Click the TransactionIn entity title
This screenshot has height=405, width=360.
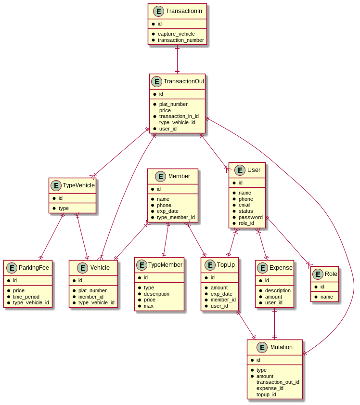click(x=183, y=11)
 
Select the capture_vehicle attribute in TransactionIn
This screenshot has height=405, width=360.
click(x=176, y=34)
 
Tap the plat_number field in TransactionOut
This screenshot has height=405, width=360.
click(x=173, y=104)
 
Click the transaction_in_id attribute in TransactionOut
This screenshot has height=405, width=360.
click(x=179, y=116)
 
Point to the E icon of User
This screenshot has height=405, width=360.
click(x=240, y=170)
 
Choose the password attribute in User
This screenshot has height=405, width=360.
click(x=250, y=217)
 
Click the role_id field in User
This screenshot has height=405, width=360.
click(x=246, y=223)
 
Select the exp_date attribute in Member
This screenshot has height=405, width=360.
click(x=167, y=211)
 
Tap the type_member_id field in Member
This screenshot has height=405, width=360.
click(x=176, y=217)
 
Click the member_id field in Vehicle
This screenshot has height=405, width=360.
click(x=91, y=296)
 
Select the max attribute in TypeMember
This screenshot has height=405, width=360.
click(x=149, y=306)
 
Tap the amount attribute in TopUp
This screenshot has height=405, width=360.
click(x=219, y=287)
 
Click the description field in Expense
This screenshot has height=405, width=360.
click(x=278, y=290)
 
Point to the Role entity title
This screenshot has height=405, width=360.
click(x=331, y=274)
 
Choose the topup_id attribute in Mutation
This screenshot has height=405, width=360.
click(x=266, y=394)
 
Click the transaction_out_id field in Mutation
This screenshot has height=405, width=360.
click(x=278, y=382)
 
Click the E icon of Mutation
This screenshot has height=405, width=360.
click(x=262, y=347)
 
